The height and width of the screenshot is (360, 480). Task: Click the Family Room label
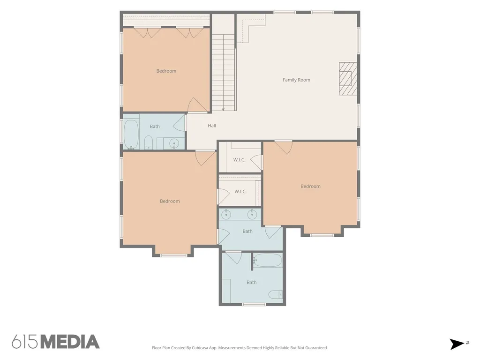point(296,80)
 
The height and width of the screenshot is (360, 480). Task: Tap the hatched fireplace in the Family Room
point(348,79)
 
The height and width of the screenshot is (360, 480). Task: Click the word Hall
point(212,126)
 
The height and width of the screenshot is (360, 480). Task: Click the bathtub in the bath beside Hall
point(131,134)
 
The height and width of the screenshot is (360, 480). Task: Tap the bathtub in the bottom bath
point(267,260)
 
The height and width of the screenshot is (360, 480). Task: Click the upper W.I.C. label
point(240,160)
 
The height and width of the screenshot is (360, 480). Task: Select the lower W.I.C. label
point(240,192)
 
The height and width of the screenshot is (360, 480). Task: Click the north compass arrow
point(457,344)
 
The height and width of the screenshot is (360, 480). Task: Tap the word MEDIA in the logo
point(70,342)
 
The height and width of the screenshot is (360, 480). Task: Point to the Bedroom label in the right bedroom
point(310,187)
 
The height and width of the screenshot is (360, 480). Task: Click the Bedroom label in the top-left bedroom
point(166,71)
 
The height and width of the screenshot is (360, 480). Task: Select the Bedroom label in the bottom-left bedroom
point(170,201)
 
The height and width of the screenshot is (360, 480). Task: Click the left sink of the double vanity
point(226,215)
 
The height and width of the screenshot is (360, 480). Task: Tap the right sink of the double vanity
point(252,215)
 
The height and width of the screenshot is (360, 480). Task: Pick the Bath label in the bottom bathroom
point(252,283)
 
